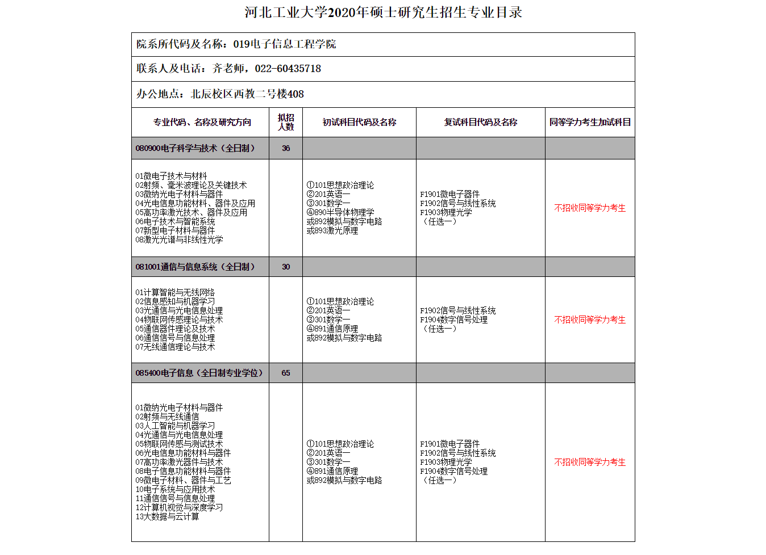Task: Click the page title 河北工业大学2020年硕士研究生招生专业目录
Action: pyautogui.click(x=383, y=12)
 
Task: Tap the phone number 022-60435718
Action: pyautogui.click(x=288, y=69)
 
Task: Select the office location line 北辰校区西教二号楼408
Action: pyautogui.click(x=247, y=94)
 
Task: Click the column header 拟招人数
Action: pyautogui.click(x=286, y=122)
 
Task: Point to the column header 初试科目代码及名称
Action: pyautogui.click(x=359, y=122)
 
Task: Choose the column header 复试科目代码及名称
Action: pyautogui.click(x=480, y=122)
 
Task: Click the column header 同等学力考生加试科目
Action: pyautogui.click(x=590, y=122)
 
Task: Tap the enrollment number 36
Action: pyautogui.click(x=286, y=148)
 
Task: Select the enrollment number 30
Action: pyautogui.click(x=286, y=267)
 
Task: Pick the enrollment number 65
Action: pyautogui.click(x=286, y=373)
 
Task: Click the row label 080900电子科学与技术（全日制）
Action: pyautogui.click(x=195, y=148)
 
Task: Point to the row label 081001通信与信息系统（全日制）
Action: pyautogui.click(x=195, y=267)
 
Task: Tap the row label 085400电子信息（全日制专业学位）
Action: pyautogui.click(x=199, y=373)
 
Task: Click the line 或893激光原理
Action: pyautogui.click(x=332, y=230)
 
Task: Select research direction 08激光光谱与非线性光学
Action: pyautogui.click(x=179, y=239)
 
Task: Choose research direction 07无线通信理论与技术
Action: pyautogui.click(x=175, y=347)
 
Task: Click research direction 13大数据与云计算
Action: pyautogui.click(x=167, y=516)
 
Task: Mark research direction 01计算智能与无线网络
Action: pyautogui.click(x=175, y=292)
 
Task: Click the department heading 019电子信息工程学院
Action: pyautogui.click(x=284, y=44)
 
